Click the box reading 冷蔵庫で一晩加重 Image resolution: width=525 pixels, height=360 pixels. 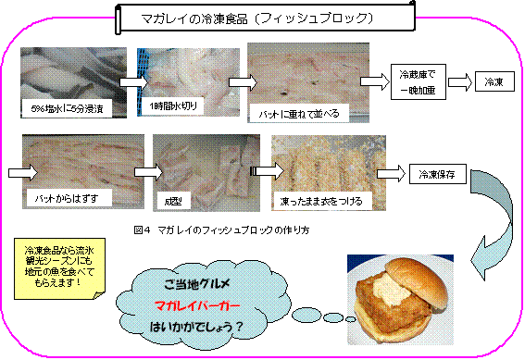421,82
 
